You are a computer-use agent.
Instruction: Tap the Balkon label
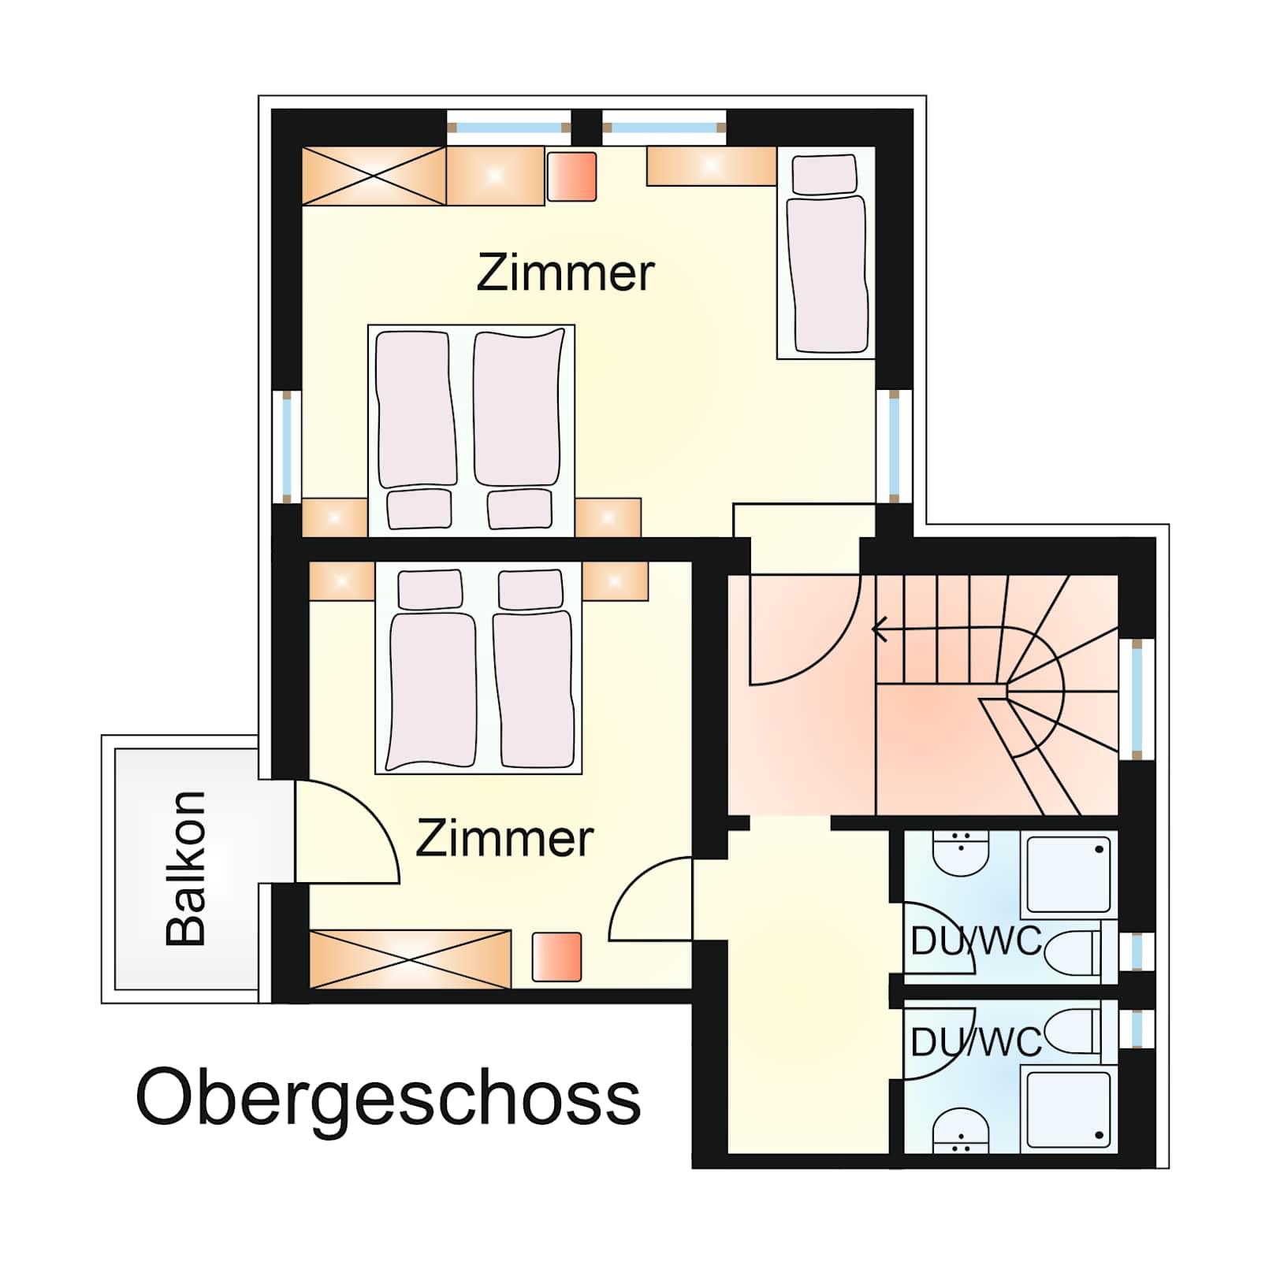(186, 868)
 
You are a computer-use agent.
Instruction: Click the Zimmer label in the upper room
(565, 273)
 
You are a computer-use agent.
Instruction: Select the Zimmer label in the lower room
(504, 838)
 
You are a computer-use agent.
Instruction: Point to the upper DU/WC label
(976, 941)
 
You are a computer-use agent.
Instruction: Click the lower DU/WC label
(976, 1043)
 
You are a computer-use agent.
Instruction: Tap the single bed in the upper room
(826, 253)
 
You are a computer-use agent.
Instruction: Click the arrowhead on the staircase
(880, 629)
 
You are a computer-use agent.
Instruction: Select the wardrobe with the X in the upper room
(374, 176)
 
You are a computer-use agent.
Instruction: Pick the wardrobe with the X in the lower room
(410, 959)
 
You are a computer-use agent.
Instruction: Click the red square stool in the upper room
(572, 176)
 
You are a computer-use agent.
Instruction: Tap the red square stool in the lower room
(557, 957)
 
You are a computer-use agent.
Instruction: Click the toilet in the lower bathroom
(1073, 1032)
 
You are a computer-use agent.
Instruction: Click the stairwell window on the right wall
(1137, 699)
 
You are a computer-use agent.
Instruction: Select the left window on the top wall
(508, 128)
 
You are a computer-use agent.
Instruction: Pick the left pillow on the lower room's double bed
(430, 590)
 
